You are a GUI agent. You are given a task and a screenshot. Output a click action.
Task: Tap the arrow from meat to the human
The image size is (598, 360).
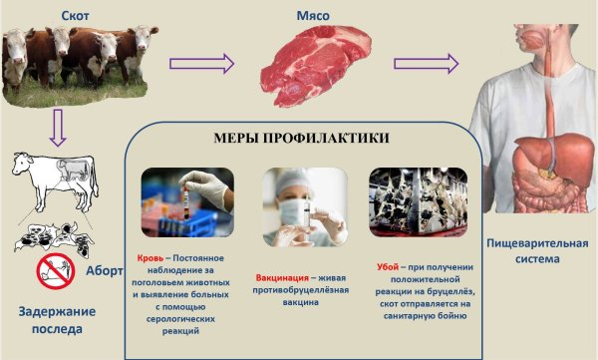(x=426, y=64)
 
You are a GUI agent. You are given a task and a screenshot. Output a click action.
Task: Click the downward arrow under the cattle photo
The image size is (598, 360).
(x=58, y=127)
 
